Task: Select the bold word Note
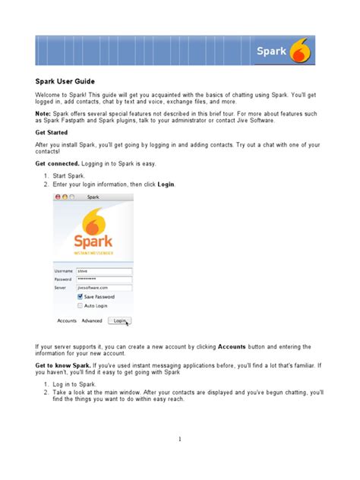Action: pyautogui.click(x=43, y=112)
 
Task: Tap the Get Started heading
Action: pyautogui.click(x=52, y=131)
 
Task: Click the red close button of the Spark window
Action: pyautogui.click(x=57, y=197)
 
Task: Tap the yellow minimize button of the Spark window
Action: pyautogui.click(x=64, y=197)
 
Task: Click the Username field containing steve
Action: pyautogui.click(x=104, y=270)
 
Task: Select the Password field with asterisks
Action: pyautogui.click(x=104, y=279)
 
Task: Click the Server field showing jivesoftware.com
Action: pyautogui.click(x=104, y=288)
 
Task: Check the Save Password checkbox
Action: pyautogui.click(x=81, y=297)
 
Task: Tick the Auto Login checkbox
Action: pyautogui.click(x=81, y=305)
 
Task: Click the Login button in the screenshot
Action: pyautogui.click(x=119, y=321)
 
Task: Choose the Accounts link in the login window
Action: pyautogui.click(x=67, y=321)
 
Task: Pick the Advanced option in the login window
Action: pyautogui.click(x=92, y=321)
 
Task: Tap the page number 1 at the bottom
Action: pyautogui.click(x=180, y=439)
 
